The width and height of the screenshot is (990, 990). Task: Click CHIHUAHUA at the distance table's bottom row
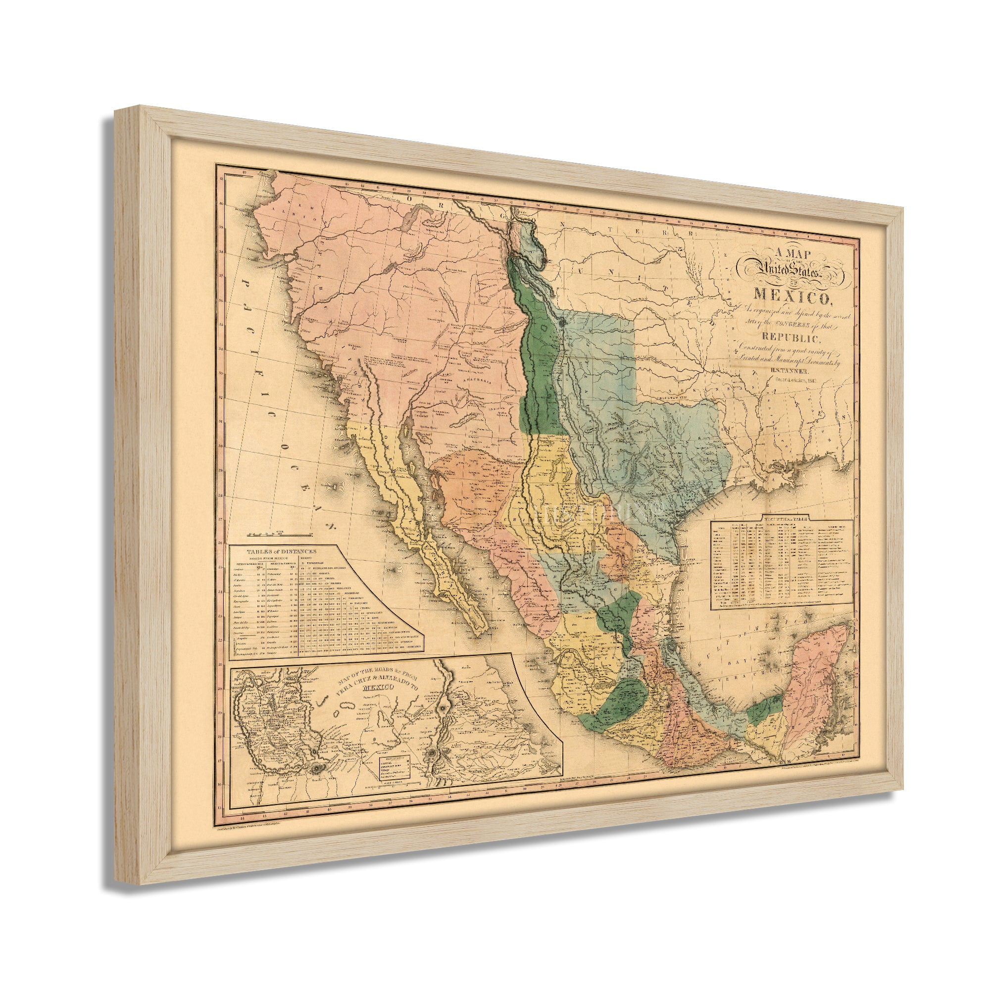click(415, 646)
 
